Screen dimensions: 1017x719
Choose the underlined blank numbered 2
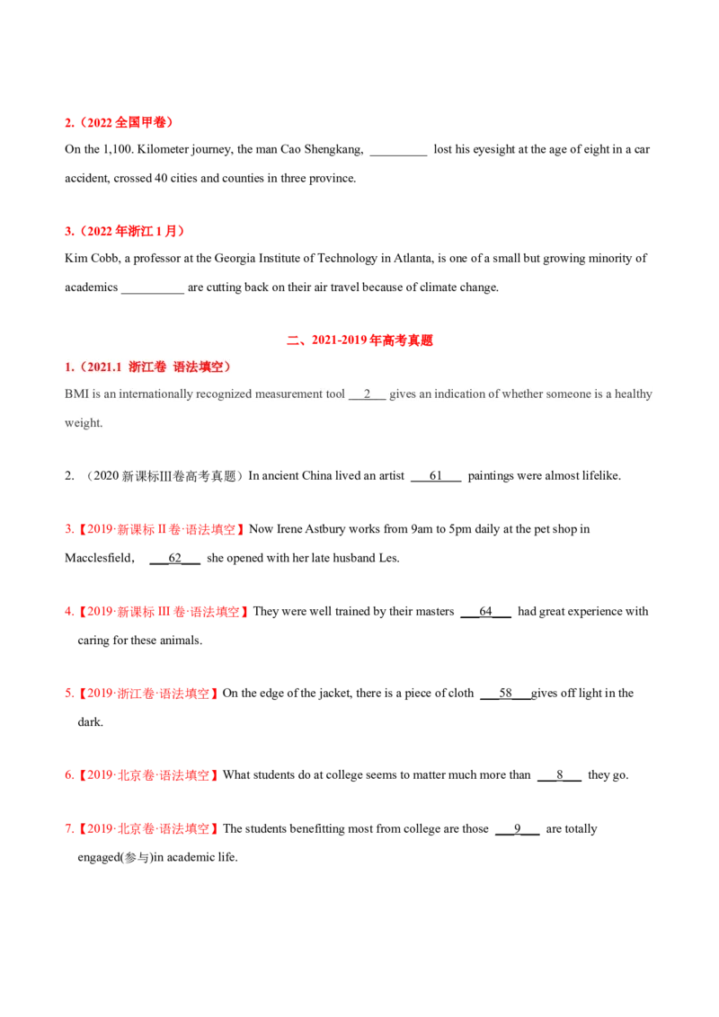(x=367, y=394)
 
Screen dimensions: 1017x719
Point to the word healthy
(x=633, y=394)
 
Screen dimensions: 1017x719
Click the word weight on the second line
(x=84, y=422)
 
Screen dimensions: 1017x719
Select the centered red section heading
(x=361, y=340)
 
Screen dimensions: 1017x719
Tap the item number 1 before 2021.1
(x=68, y=367)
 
